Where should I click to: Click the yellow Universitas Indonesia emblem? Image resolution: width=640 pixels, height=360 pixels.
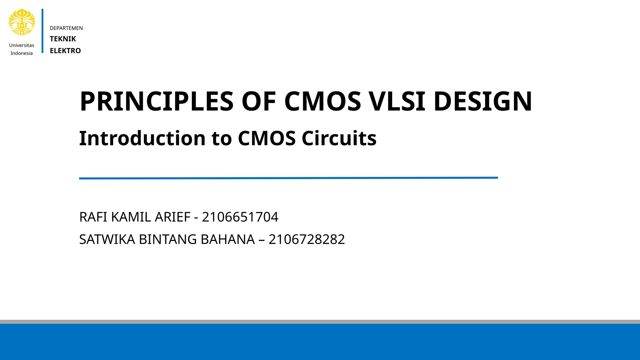[x=22, y=22]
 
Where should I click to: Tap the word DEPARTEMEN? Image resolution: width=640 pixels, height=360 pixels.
[x=66, y=28]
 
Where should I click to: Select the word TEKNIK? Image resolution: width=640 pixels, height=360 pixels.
[x=63, y=39]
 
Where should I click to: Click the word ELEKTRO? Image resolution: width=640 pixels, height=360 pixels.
[x=65, y=51]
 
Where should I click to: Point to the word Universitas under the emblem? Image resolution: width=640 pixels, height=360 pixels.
[x=22, y=45]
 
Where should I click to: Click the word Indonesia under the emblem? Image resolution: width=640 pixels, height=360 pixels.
[x=22, y=53]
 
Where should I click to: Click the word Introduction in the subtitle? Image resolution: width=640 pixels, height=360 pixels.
[x=142, y=138]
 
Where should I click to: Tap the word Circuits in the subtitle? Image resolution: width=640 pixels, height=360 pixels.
[x=339, y=138]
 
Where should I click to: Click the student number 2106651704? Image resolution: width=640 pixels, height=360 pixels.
[x=240, y=217]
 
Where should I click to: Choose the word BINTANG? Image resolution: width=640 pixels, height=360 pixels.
[x=168, y=239]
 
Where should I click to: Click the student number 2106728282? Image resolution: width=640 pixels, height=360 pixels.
[x=307, y=239]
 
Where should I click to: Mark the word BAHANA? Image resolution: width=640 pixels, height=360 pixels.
[x=228, y=239]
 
